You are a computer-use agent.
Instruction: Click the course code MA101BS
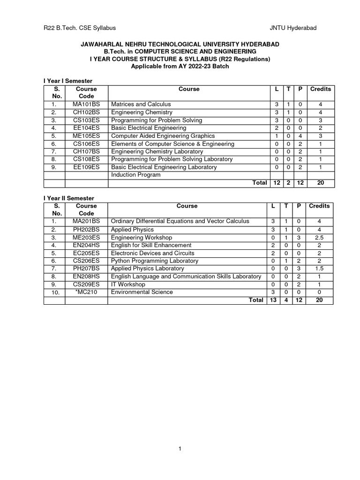pos(86,104)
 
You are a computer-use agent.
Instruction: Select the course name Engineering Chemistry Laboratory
pos(157,151)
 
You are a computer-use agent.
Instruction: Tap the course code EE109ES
pos(86,167)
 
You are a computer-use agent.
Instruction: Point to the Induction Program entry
pos(135,175)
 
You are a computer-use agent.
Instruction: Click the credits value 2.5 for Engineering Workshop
pos(319,237)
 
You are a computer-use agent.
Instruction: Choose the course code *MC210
pos(86,292)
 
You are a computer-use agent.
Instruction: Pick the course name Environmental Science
pos(142,292)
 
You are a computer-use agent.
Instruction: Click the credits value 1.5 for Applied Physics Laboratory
pos(319,269)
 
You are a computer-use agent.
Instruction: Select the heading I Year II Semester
pos(68,198)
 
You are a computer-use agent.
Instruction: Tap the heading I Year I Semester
pos(67,81)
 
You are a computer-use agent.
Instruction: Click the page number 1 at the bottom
pos(180,449)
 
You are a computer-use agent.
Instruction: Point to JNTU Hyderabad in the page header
pos(293,28)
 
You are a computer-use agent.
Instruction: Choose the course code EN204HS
pos(86,245)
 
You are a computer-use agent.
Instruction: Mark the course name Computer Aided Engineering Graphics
pos(163,136)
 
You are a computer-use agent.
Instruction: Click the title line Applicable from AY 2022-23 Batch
pos(180,66)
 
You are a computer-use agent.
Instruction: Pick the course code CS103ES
pos(86,120)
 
